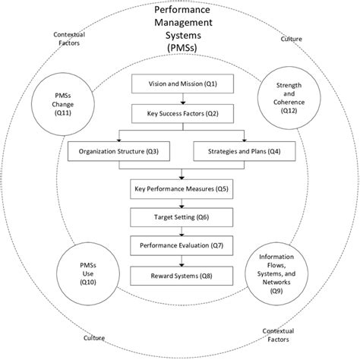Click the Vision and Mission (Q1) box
tap(180, 84)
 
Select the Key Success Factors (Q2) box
tap(180, 114)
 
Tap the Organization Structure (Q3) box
tap(114, 150)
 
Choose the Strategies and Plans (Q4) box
tap(245, 150)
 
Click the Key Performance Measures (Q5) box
tap(180, 188)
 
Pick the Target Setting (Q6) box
tap(180, 217)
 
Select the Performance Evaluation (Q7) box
tap(180, 246)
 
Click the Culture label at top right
tap(291, 38)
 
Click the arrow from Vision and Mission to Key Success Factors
tap(180, 99)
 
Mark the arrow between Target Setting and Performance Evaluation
tap(180, 232)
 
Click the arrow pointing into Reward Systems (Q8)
tap(180, 261)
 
